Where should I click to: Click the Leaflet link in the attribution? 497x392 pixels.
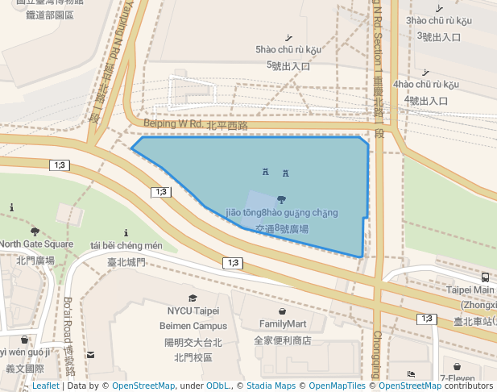tap(45, 386)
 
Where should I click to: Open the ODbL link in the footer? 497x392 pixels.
tap(217, 386)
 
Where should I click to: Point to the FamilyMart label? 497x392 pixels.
tap(282, 324)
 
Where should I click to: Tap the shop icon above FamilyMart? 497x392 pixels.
tap(281, 311)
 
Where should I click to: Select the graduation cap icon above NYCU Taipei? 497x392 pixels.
tap(193, 298)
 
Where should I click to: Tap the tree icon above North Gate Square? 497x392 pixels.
tap(35, 231)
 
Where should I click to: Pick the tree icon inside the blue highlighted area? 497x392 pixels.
tap(280, 198)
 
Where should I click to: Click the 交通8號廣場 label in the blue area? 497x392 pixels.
tap(281, 229)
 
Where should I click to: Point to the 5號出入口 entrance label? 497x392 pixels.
tap(288, 66)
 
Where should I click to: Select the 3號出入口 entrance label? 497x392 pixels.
tap(438, 36)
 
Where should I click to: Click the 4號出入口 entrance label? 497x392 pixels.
tap(426, 101)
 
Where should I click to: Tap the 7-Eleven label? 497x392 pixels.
tap(458, 377)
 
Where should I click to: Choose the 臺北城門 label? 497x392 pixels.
tap(126, 262)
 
